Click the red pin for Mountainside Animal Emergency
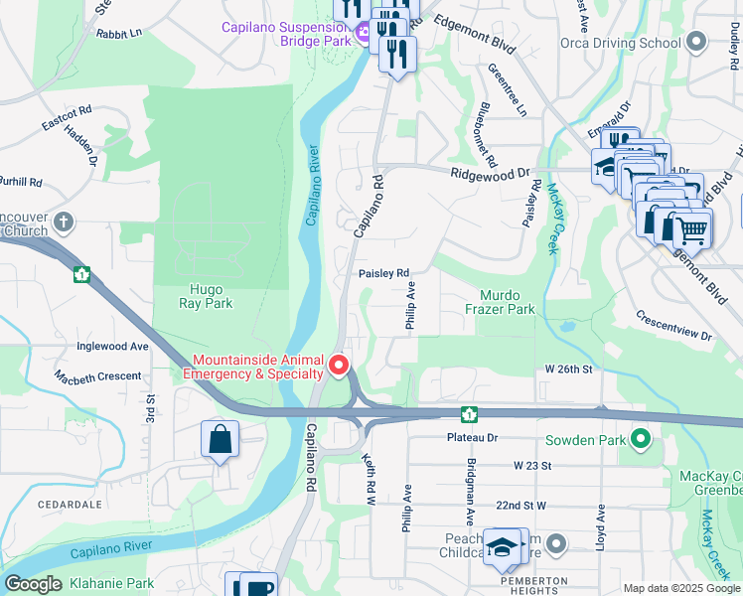click(x=339, y=367)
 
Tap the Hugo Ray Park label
click(x=206, y=296)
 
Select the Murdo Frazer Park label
click(x=507, y=302)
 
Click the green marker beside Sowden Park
click(x=641, y=438)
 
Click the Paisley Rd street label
click(x=383, y=273)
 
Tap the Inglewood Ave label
click(x=113, y=347)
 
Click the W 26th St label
click(x=568, y=369)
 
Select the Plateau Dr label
click(x=471, y=437)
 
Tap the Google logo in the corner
click(x=33, y=584)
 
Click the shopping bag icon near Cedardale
click(x=220, y=440)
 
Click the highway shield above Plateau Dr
click(x=467, y=413)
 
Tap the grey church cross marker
click(x=64, y=221)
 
